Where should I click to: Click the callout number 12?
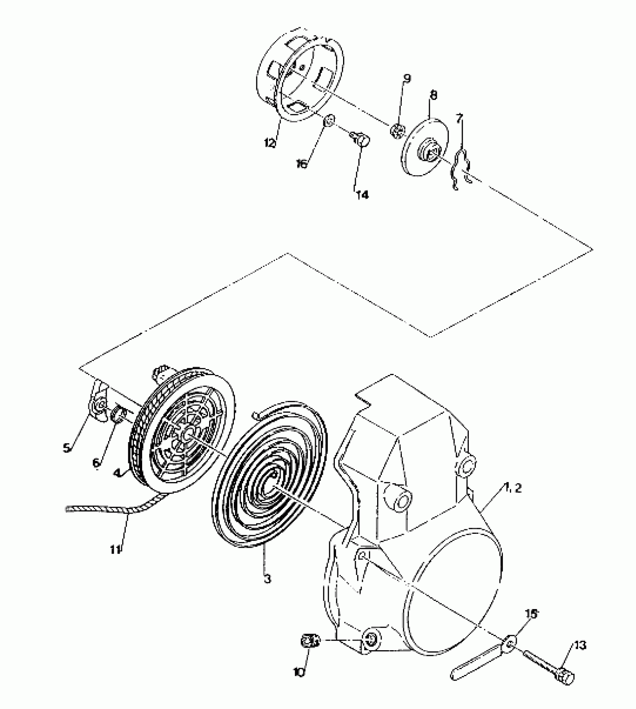[x=270, y=143]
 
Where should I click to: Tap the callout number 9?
[x=407, y=79]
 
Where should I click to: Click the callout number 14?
[x=362, y=195]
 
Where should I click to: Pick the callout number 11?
[x=116, y=550]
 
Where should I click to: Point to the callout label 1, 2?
[x=513, y=488]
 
